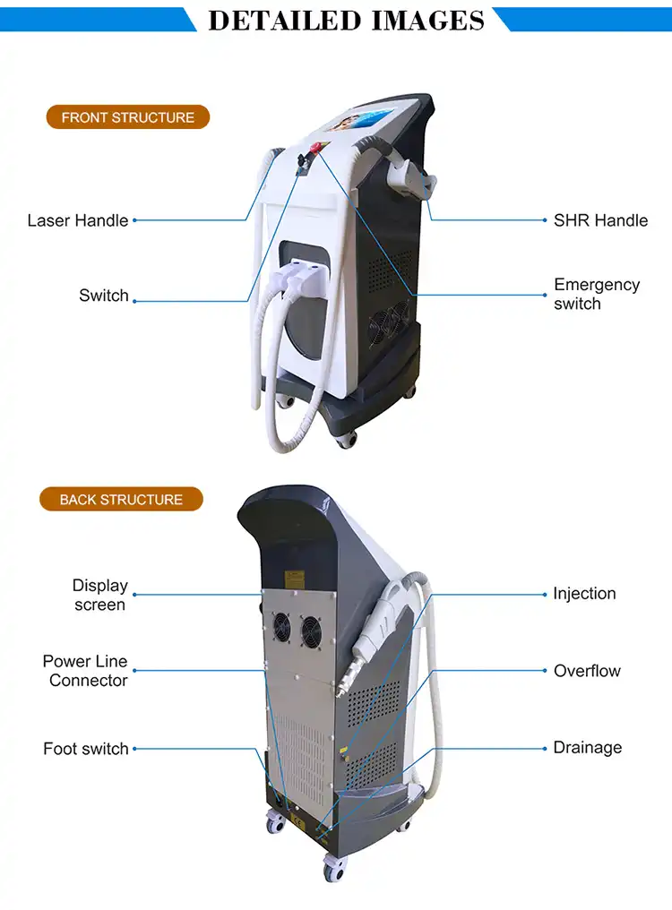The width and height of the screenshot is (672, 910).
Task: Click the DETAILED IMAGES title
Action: point(346,20)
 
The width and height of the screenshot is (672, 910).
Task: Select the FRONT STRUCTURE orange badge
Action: point(127,117)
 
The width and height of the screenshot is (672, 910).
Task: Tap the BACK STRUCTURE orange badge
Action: point(121,500)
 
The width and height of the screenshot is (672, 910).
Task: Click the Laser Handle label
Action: point(78,220)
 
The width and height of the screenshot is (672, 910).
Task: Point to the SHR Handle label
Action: point(600,220)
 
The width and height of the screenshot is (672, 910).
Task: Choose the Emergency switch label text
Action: point(597,294)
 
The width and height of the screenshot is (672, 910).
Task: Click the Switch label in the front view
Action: point(104,296)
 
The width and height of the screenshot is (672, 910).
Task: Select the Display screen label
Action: point(99,595)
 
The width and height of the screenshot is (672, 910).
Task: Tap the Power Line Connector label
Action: point(86,671)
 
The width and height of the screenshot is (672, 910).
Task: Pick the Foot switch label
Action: point(86,749)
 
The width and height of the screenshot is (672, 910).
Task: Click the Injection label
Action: point(584,594)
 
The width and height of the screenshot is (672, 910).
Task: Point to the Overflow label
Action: point(587,671)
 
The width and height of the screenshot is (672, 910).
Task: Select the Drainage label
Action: point(587,748)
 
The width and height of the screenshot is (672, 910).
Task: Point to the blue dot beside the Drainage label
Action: point(546,748)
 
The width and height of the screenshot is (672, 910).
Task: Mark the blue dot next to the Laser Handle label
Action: point(135,220)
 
